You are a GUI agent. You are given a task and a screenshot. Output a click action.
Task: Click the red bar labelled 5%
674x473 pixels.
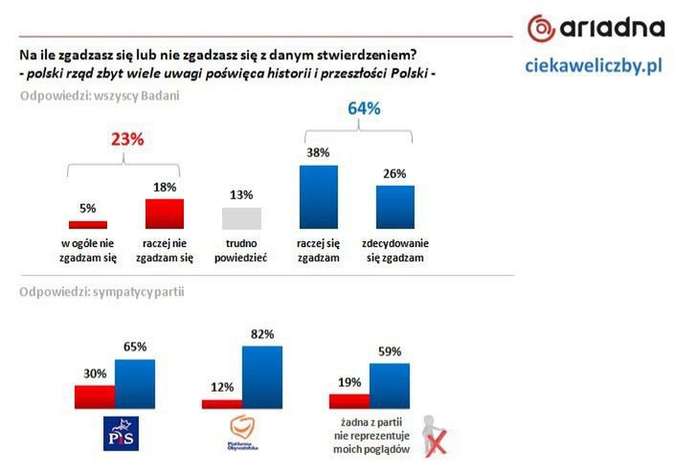coord(88,224)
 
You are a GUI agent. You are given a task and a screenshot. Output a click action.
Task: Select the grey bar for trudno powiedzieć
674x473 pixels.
coord(241,217)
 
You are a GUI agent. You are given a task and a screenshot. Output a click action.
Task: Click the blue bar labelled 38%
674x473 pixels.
coord(319,196)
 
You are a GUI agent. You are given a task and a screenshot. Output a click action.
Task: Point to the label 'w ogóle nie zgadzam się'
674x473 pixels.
coord(88,251)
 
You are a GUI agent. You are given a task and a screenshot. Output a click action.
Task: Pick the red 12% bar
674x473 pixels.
coord(222,404)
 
